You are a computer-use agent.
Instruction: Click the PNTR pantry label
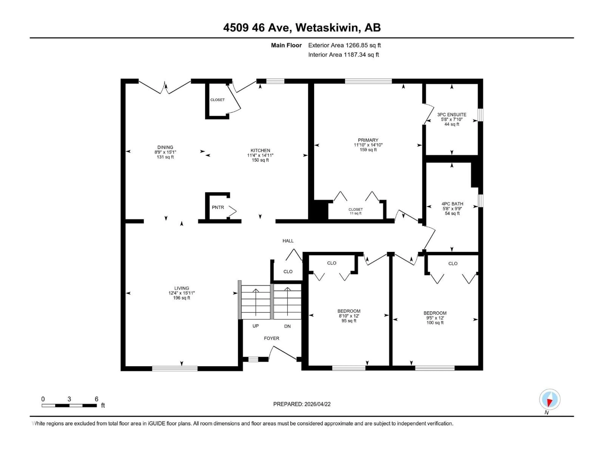(218, 207)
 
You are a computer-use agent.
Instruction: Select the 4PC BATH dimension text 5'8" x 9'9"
(452, 209)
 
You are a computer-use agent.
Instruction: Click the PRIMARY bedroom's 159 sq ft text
(368, 150)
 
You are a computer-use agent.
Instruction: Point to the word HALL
(288, 241)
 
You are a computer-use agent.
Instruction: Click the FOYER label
(271, 338)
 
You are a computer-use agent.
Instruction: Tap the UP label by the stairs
(256, 326)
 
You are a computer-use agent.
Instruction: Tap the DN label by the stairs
(287, 326)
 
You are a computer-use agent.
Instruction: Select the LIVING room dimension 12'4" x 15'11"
(182, 293)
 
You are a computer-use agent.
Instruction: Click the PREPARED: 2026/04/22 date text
(302, 404)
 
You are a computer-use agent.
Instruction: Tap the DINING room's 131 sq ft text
(165, 157)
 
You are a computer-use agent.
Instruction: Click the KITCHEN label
(260, 151)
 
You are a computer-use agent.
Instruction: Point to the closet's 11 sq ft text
(355, 213)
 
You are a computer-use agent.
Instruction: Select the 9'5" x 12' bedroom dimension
(435, 318)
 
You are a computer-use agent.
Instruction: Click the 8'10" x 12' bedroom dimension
(349, 316)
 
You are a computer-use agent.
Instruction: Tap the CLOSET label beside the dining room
(217, 100)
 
